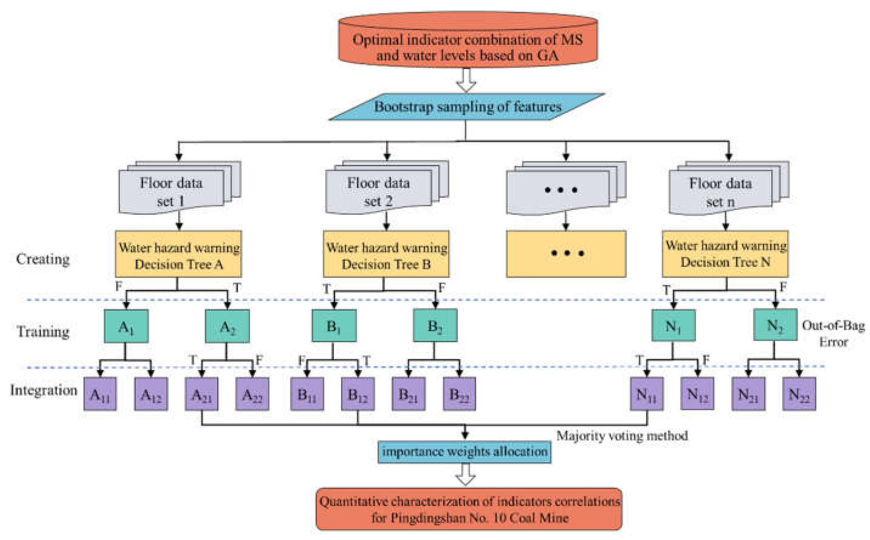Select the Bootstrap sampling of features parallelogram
click(x=467, y=107)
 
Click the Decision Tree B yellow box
click(x=386, y=254)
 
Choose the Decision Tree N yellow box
click(x=725, y=254)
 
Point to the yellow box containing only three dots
click(x=566, y=254)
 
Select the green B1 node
click(x=334, y=326)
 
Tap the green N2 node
click(x=775, y=325)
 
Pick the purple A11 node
click(x=100, y=394)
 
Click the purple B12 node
click(x=358, y=394)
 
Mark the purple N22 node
click(x=799, y=394)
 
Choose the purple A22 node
click(x=252, y=394)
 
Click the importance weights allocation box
click(x=465, y=452)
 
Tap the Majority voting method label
click(x=622, y=436)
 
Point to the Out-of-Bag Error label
click(x=833, y=333)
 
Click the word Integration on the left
click(x=43, y=390)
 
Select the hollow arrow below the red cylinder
click(x=466, y=80)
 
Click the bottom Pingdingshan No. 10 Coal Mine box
click(x=469, y=509)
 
